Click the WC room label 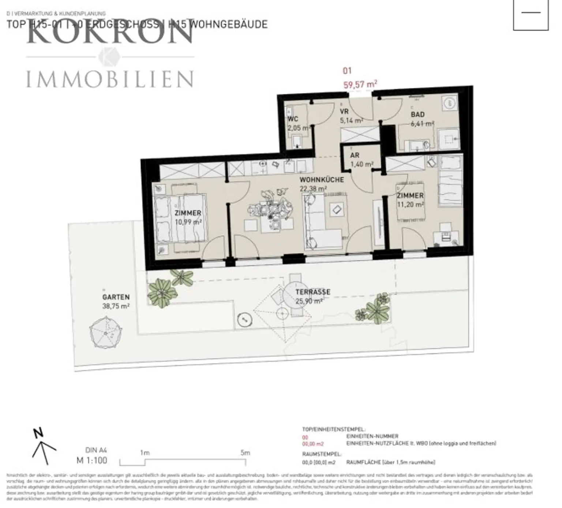point(293,119)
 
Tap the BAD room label point(417,115)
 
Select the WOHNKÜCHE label point(322,180)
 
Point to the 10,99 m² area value point(188,222)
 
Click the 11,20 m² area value point(411,205)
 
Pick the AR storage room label point(355,155)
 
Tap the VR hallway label point(344,111)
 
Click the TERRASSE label point(313,292)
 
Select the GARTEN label point(116,297)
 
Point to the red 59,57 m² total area point(360,85)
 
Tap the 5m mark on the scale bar point(245,453)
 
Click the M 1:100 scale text point(92,460)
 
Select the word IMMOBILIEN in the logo point(110,79)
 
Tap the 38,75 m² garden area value point(116,306)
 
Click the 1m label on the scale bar point(145,453)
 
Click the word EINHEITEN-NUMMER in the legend point(372,436)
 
